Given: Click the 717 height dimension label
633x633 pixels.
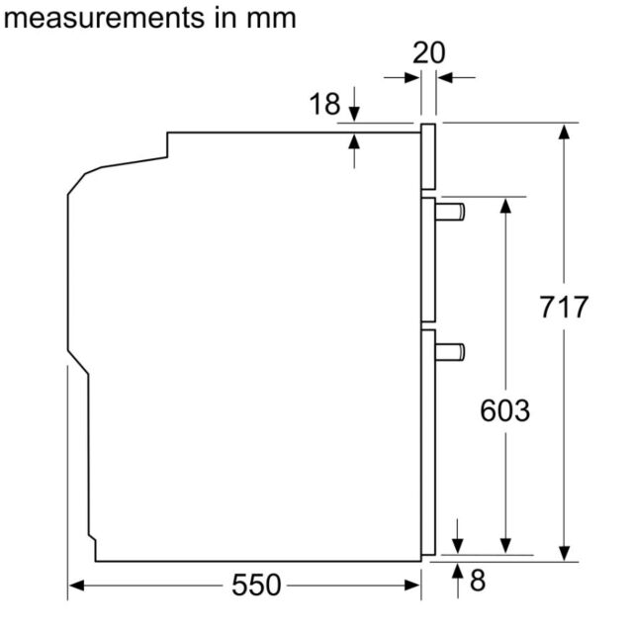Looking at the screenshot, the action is (x=564, y=308).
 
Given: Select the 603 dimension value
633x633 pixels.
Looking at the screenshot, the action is (x=505, y=410).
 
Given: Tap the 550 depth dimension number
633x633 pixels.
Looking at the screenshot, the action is (x=256, y=585).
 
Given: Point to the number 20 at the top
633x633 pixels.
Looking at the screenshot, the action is (x=428, y=52).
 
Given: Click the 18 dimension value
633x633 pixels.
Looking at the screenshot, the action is (x=324, y=104).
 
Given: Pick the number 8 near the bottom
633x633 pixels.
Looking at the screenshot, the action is (x=478, y=581).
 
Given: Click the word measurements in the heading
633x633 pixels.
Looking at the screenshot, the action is (x=104, y=18).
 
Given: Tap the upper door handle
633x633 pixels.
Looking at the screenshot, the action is (x=450, y=213).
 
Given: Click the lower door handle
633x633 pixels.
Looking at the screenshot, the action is (x=450, y=352).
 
